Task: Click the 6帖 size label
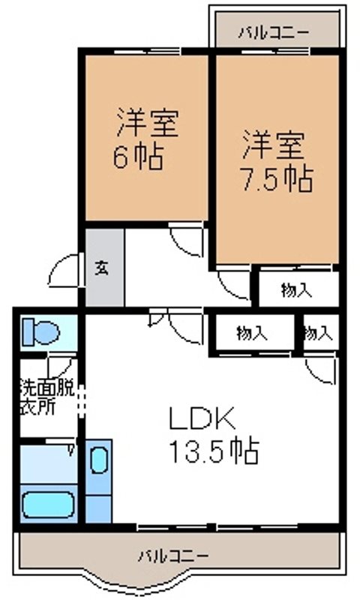click(139, 159)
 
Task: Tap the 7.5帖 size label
click(276, 178)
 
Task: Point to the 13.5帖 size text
click(213, 451)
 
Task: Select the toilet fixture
click(41, 331)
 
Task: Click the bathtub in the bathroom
click(48, 504)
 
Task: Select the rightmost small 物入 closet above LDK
click(319, 333)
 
